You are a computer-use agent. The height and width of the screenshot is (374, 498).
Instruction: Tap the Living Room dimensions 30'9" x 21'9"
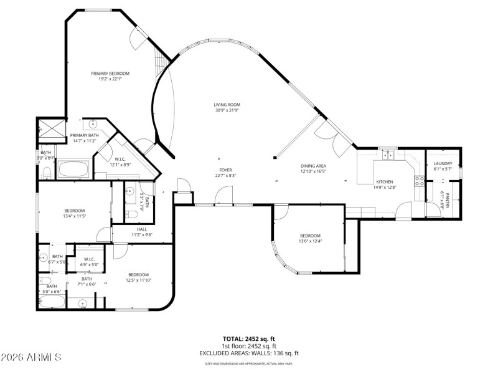tap(227, 110)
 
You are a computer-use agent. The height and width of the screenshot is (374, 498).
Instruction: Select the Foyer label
tap(225, 170)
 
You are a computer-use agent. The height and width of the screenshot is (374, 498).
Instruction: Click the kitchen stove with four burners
tap(420, 181)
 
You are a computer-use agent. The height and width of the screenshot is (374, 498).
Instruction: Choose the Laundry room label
tap(443, 163)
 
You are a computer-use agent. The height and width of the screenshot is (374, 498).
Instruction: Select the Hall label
tap(142, 229)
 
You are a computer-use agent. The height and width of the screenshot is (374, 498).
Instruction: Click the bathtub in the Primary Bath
tap(73, 169)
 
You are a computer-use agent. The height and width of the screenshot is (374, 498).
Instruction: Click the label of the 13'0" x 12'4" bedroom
tap(310, 236)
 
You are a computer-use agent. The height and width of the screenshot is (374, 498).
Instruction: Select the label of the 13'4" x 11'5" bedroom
tap(73, 211)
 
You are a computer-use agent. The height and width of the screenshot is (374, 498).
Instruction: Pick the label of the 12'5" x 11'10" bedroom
tap(138, 275)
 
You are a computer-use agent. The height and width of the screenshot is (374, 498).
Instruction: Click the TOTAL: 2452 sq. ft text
tap(249, 339)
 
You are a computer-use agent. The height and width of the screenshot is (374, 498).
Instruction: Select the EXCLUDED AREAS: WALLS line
tap(249, 353)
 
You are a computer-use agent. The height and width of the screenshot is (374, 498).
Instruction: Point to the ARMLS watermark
tap(31, 357)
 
